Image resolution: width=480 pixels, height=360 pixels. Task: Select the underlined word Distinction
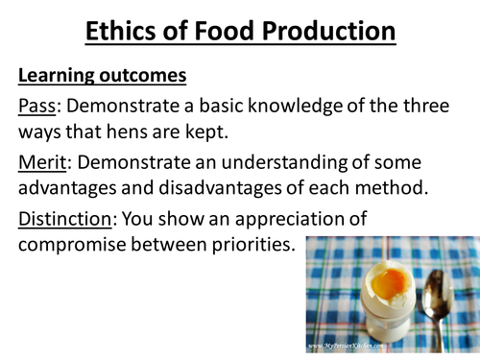(x=63, y=220)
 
